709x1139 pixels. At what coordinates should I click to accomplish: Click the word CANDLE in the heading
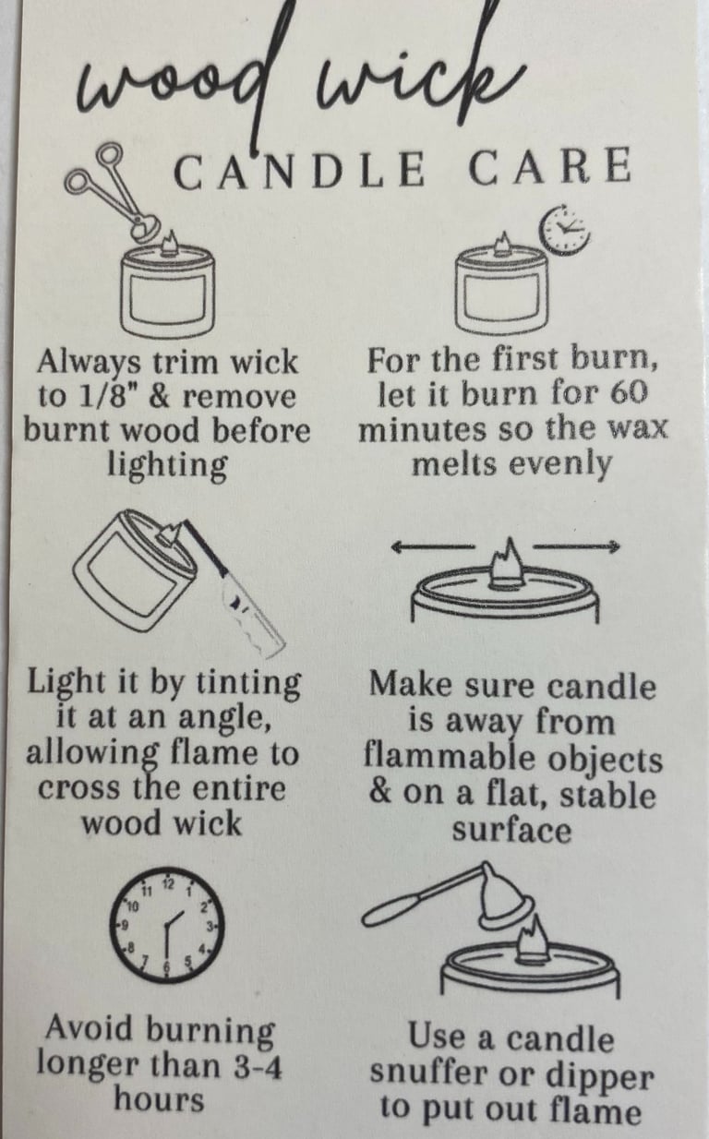299,169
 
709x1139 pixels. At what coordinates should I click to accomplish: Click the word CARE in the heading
549,167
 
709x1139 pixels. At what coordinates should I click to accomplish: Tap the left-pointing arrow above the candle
432,547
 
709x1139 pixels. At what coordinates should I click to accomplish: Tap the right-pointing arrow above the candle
577,546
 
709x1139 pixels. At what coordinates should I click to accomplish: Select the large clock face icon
166,925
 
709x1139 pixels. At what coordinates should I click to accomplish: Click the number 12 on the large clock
168,882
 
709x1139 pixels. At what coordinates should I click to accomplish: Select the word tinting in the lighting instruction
248,683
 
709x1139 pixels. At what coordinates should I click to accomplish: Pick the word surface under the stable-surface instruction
511,831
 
